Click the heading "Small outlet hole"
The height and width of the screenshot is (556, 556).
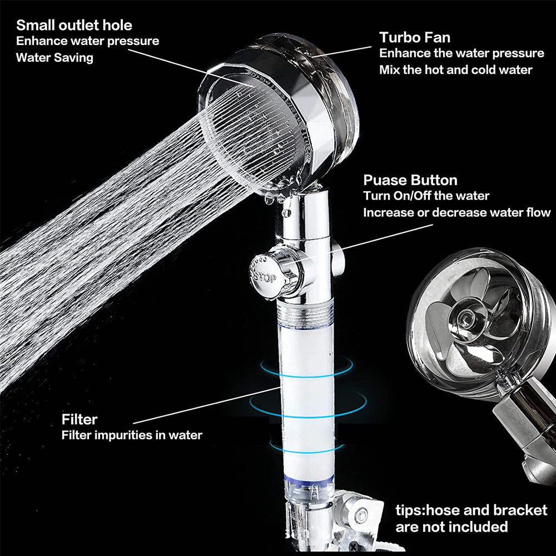[74, 25]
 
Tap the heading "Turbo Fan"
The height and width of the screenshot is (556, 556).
[415, 37]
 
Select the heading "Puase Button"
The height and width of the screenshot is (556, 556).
[410, 180]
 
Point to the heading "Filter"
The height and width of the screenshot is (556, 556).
[80, 419]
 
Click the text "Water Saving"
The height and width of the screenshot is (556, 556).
[54, 57]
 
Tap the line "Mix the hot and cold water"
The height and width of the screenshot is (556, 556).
[455, 69]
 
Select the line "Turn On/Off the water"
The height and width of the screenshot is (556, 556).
[426, 196]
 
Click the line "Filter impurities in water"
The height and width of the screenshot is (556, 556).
[131, 435]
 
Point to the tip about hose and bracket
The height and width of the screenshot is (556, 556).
[471, 518]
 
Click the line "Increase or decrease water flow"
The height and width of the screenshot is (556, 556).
[456, 212]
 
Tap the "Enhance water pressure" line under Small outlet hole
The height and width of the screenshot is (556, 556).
[87, 41]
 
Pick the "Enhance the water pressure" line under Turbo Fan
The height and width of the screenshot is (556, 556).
[461, 53]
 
